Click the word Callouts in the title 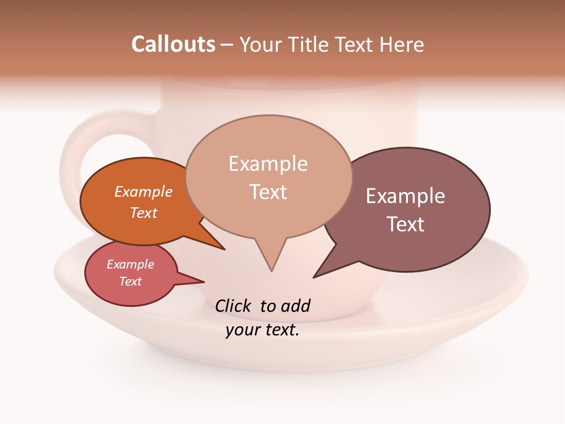pos(173,44)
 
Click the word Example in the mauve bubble pos(406,196)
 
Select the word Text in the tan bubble pos(268,192)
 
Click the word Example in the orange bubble pos(144,191)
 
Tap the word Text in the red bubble pos(131,281)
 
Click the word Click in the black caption pos(234,306)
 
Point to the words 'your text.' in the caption pos(262,330)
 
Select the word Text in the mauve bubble pos(406,224)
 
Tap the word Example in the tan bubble pos(268,164)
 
